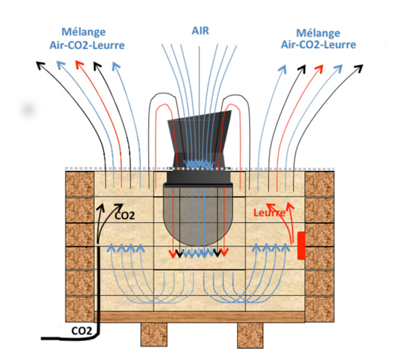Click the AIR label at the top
click(x=200, y=31)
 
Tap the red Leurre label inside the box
click(x=270, y=213)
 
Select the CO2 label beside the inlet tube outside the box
click(x=81, y=331)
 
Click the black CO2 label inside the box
click(x=125, y=215)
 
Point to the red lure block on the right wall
click(x=301, y=246)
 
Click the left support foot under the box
click(x=154, y=334)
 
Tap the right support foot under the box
click(x=250, y=335)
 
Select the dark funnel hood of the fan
click(x=200, y=139)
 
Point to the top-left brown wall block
click(x=80, y=184)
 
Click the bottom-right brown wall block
click(x=319, y=310)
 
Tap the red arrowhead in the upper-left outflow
click(x=80, y=65)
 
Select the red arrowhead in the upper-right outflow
click(x=319, y=69)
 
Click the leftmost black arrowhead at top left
click(x=40, y=66)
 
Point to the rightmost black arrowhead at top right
click(x=359, y=69)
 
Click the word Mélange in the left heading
click(x=84, y=32)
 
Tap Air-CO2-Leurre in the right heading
click(x=319, y=44)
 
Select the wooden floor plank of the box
click(x=200, y=317)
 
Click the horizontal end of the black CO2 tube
click(x=43, y=338)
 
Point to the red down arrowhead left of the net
click(x=172, y=254)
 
